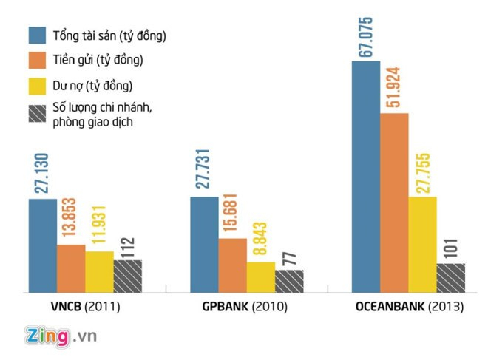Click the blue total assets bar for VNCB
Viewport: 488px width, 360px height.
pyautogui.click(x=43, y=246)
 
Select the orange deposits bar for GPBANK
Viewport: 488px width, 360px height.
pyautogui.click(x=233, y=265)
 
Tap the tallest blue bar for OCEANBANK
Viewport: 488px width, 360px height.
pyautogui.click(x=365, y=177)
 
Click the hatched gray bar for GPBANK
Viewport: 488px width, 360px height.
pyautogui.click(x=289, y=282)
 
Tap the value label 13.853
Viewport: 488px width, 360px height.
pyautogui.click(x=71, y=220)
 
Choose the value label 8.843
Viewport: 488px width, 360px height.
pyautogui.click(x=261, y=221)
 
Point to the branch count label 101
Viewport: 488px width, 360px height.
pyautogui.click(x=450, y=251)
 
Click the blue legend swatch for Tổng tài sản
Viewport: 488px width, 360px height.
pyautogui.click(x=38, y=35)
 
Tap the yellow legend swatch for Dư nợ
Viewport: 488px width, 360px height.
pyautogui.click(x=38, y=85)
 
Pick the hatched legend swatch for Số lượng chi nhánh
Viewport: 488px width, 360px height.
pyautogui.click(x=38, y=113)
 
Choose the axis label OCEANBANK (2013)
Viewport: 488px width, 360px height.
pyautogui.click(x=407, y=307)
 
